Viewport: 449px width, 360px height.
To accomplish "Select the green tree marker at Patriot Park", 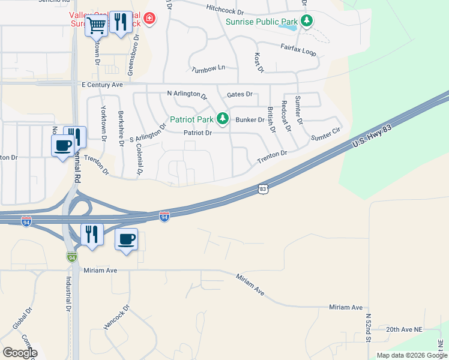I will pyautogui.click(x=223, y=118).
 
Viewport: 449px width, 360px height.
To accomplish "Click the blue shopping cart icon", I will pyautogui.click(x=96, y=26).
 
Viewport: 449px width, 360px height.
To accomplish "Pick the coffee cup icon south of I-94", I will pyautogui.click(x=126, y=239).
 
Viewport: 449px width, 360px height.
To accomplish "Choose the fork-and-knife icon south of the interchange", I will pyautogui.click(x=92, y=234).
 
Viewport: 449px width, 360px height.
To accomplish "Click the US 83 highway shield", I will pyautogui.click(x=263, y=189).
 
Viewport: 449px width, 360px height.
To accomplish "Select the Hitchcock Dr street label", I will pyautogui.click(x=225, y=10).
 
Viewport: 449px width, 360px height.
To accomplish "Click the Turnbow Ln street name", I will pyautogui.click(x=208, y=69).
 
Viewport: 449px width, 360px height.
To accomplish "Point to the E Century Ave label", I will pyautogui.click(x=102, y=85).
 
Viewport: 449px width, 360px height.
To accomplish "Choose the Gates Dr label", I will pyautogui.click(x=240, y=95).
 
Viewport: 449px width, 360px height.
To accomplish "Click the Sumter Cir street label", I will pyautogui.click(x=325, y=134).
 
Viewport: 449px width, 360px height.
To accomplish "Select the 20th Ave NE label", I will pyautogui.click(x=405, y=329).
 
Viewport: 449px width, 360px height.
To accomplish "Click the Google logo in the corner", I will pyautogui.click(x=20, y=353).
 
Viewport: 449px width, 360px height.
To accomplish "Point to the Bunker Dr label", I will pyautogui.click(x=250, y=119).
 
